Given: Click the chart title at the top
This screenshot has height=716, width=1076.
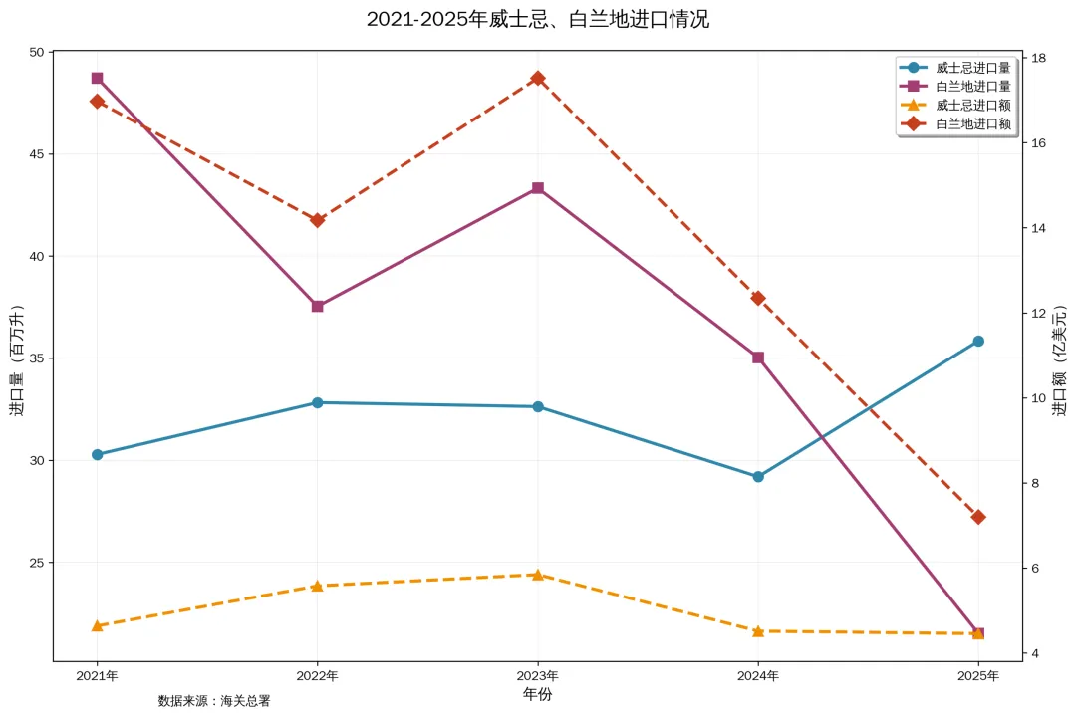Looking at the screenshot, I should click(x=538, y=19).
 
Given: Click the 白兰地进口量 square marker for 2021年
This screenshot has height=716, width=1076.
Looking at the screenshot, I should click(x=97, y=78).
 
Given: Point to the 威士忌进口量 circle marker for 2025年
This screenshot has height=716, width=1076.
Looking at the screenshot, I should click(x=978, y=342).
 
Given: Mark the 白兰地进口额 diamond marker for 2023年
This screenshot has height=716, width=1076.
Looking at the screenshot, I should click(x=538, y=78).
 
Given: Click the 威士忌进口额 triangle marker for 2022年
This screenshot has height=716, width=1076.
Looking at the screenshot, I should click(x=317, y=586).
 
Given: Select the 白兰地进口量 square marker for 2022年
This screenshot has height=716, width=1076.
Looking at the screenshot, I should click(x=317, y=306).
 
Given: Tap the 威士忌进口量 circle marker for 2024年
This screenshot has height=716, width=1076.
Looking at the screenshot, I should click(x=758, y=477).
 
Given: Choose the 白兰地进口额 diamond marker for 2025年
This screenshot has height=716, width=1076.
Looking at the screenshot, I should click(x=978, y=517).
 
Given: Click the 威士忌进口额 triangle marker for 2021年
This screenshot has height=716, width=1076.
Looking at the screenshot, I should click(x=97, y=625).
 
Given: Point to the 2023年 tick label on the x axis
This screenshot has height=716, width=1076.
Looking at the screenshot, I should click(x=538, y=676).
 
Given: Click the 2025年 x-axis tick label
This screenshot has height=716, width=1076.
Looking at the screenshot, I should click(x=978, y=676).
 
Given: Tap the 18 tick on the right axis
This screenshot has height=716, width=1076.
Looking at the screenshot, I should click(x=1038, y=58).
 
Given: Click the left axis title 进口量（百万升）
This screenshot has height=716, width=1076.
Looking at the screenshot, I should click(x=16, y=356).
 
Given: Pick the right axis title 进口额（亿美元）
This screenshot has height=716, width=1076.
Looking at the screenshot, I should click(x=1060, y=356).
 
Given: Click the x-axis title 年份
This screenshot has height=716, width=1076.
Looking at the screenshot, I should click(x=538, y=694).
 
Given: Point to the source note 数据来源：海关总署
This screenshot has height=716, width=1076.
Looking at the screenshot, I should click(x=214, y=701).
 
